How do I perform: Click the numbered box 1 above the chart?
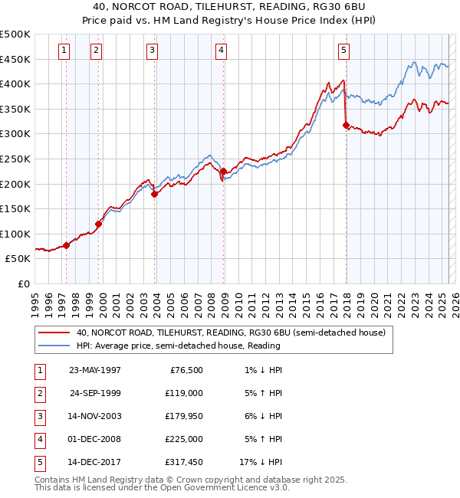pos(63,51)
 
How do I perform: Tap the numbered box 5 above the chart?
pos(343,51)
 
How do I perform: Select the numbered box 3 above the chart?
pos(153,51)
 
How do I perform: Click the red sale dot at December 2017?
pos(346,125)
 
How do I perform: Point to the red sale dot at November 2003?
pos(155,194)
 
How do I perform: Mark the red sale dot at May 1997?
pos(67,245)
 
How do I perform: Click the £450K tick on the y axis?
pos(15,59)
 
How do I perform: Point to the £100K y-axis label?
pos(15,234)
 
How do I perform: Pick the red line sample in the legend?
pos(54,333)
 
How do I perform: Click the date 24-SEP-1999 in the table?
pos(95,394)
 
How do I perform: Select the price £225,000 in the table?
pos(184,440)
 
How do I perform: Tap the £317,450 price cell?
pos(184,462)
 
